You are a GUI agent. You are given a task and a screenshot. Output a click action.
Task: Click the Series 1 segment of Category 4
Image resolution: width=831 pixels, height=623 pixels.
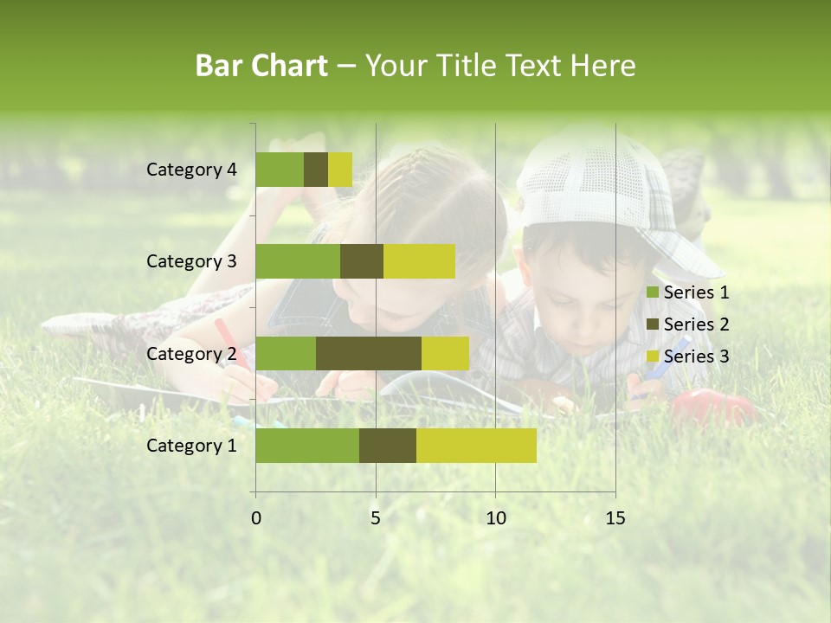pyautogui.click(x=280, y=170)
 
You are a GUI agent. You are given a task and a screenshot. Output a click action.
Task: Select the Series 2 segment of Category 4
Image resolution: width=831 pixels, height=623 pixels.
pyautogui.click(x=316, y=170)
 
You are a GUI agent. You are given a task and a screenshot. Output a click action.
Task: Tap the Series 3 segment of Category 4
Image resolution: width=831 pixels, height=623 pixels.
pyautogui.click(x=340, y=170)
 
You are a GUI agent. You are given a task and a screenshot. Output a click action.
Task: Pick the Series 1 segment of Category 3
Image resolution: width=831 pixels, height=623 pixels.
pyautogui.click(x=298, y=261)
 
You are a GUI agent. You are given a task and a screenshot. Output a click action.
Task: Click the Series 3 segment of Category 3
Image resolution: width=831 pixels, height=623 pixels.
pyautogui.click(x=419, y=261)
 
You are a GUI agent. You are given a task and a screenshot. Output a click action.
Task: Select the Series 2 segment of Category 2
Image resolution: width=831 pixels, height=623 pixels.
pyautogui.click(x=369, y=353)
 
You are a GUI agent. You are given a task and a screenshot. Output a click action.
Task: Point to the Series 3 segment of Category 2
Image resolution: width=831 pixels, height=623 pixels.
pyautogui.click(x=445, y=353)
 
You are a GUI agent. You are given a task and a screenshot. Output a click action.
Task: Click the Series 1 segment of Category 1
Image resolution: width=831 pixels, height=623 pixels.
pyautogui.click(x=307, y=445)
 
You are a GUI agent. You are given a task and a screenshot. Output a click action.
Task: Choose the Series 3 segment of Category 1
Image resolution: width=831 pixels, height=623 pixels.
pyautogui.click(x=476, y=445)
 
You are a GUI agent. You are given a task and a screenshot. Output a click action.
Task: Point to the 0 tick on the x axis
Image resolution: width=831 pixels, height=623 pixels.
pyautogui.click(x=256, y=518)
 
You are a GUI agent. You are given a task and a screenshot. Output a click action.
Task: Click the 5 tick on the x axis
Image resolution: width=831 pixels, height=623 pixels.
pyautogui.click(x=376, y=518)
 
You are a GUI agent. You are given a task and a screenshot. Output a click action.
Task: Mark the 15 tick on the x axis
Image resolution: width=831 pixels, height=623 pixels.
pyautogui.click(x=615, y=518)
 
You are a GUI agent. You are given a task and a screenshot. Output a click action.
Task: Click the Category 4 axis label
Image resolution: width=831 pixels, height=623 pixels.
pyautogui.click(x=191, y=170)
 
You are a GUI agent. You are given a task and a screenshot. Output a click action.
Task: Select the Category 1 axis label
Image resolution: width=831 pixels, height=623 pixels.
pyautogui.click(x=191, y=446)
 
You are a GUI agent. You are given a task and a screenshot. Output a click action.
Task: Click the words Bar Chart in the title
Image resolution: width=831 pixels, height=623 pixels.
pyautogui.click(x=261, y=66)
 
